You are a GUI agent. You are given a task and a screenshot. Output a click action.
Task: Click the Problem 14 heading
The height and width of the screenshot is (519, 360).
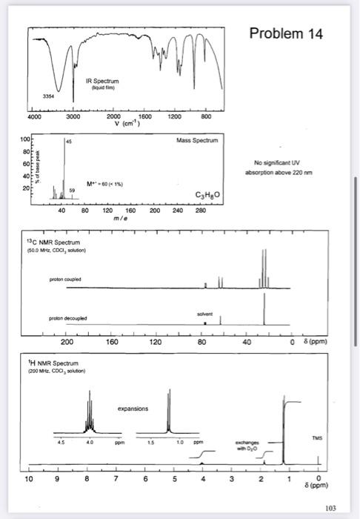coord(286,34)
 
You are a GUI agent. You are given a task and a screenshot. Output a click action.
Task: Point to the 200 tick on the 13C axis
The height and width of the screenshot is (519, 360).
coord(67,343)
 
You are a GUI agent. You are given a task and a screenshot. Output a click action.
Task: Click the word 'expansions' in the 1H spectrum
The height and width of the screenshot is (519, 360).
coord(133,408)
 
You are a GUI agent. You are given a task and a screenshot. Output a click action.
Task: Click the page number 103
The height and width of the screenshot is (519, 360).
coord(330,507)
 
